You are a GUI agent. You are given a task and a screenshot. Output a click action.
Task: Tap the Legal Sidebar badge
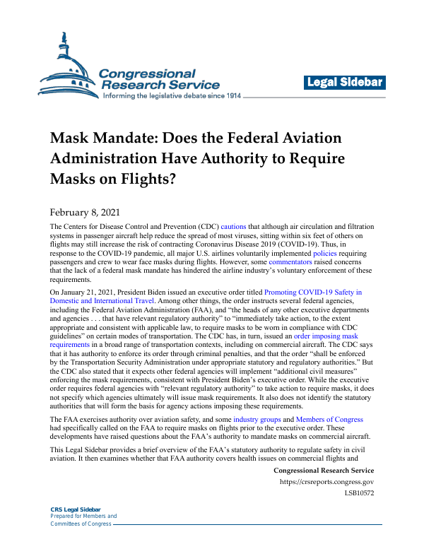[345, 83]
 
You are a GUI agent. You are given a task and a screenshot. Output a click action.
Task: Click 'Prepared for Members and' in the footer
[83, 516]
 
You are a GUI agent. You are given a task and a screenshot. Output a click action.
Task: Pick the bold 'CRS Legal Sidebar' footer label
[76, 509]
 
